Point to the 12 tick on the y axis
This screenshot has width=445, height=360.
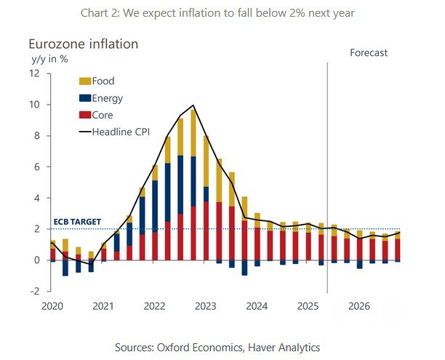(x=35, y=73)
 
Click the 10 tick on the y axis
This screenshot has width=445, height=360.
(x=35, y=105)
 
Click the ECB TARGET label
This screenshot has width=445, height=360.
(x=76, y=223)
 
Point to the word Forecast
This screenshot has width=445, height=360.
(x=369, y=52)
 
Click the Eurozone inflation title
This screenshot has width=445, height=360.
(x=83, y=44)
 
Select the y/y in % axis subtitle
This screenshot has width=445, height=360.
(x=49, y=58)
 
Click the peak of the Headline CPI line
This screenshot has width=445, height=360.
(x=193, y=105)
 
